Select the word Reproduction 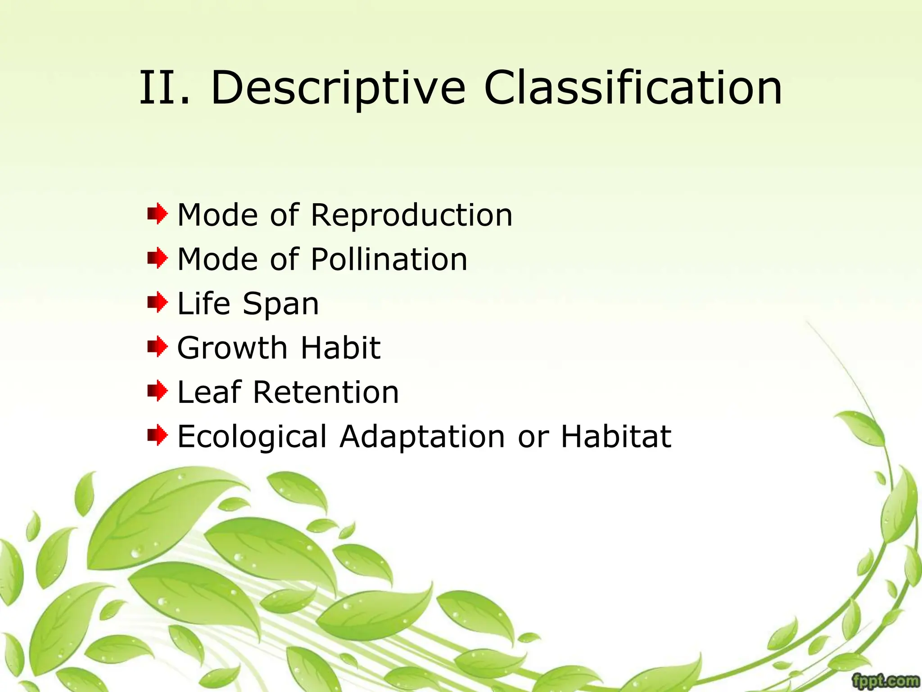411,215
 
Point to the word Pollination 389,259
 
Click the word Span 280,304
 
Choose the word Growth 232,348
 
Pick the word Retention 325,392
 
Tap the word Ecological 252,437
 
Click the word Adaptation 422,437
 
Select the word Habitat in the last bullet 615,437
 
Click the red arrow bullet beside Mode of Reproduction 157,214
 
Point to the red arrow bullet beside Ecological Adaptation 157,435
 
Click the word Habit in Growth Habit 340,348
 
